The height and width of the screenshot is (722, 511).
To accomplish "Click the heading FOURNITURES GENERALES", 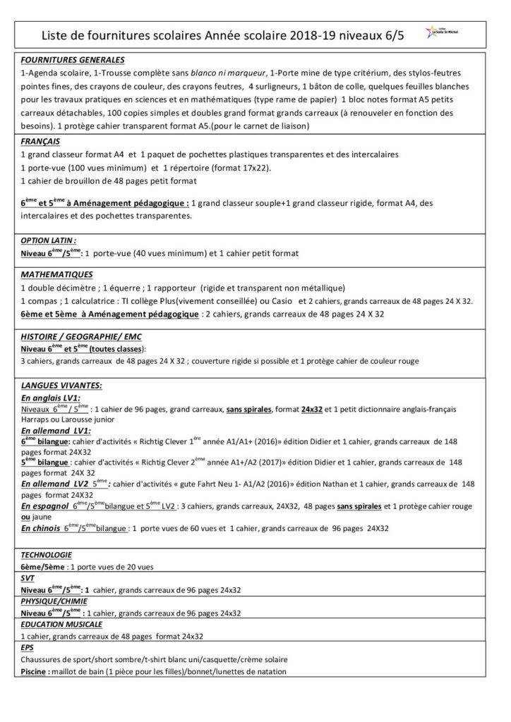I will coord(73,59).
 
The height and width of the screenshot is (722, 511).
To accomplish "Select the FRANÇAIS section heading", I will coord(40,141).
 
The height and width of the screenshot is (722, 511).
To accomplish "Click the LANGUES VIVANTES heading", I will coord(61,385).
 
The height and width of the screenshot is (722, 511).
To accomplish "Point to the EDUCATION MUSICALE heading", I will coord(62,624).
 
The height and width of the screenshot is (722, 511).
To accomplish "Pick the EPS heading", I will coord(28,647).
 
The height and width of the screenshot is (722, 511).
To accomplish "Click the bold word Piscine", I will coord(34,671).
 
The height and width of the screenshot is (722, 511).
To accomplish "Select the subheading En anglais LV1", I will coord(51,398).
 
